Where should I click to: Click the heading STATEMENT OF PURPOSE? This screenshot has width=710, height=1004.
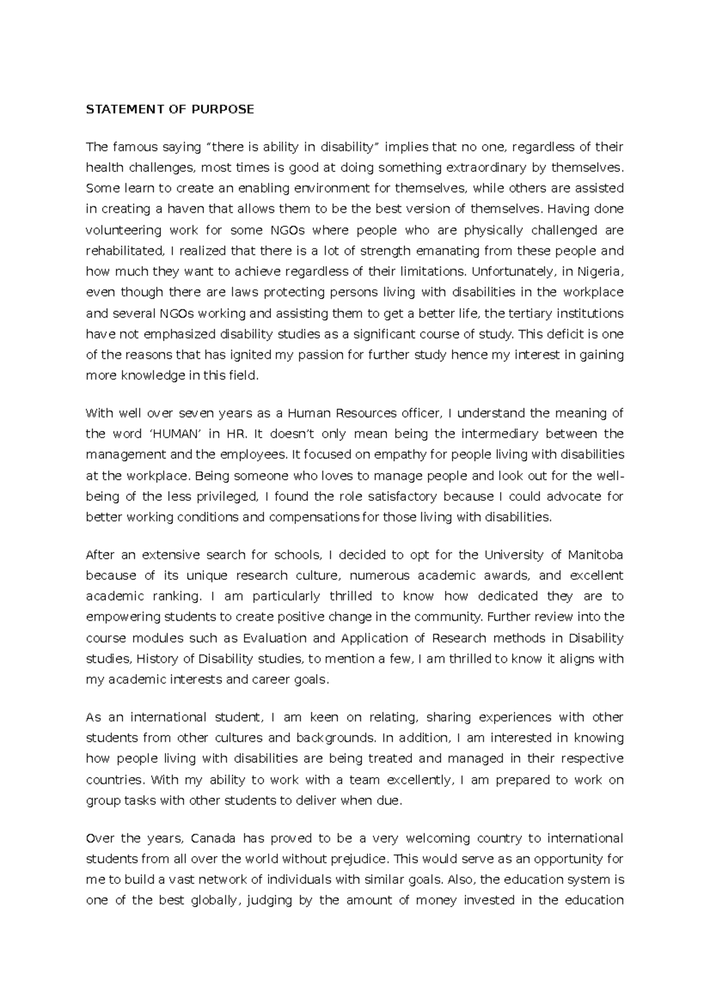coord(170,109)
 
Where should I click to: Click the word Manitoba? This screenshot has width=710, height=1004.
coord(595,555)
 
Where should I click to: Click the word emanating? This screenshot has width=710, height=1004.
coord(448,251)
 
